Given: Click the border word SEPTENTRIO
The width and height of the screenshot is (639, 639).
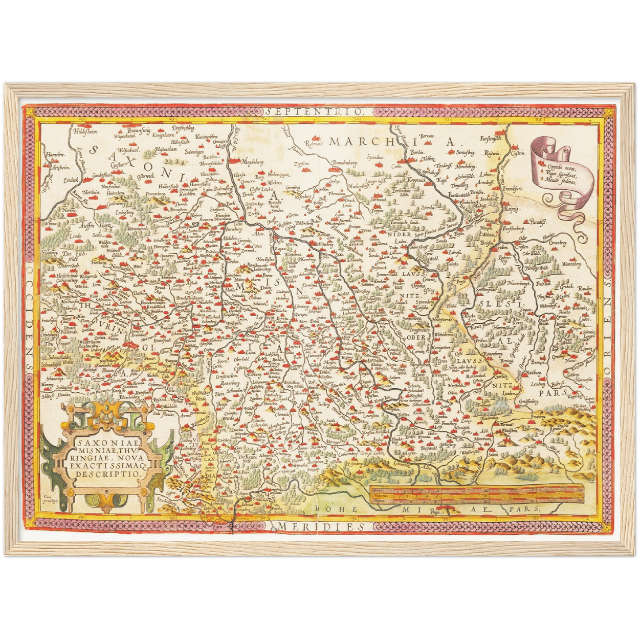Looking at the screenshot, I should pos(316,113).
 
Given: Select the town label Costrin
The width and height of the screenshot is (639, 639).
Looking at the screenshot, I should pos(518,153).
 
